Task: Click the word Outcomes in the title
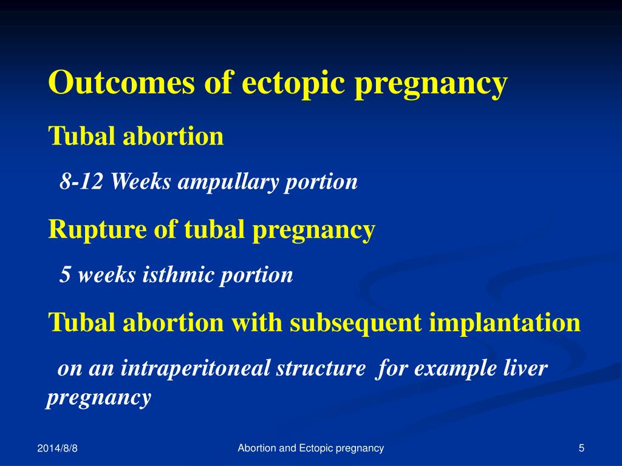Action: (121, 82)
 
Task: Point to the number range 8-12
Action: (81, 181)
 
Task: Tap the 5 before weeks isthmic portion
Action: (64, 275)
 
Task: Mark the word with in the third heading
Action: (257, 322)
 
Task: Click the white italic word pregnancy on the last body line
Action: (99, 398)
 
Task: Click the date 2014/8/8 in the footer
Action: (58, 448)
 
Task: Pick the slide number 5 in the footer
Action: (581, 448)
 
